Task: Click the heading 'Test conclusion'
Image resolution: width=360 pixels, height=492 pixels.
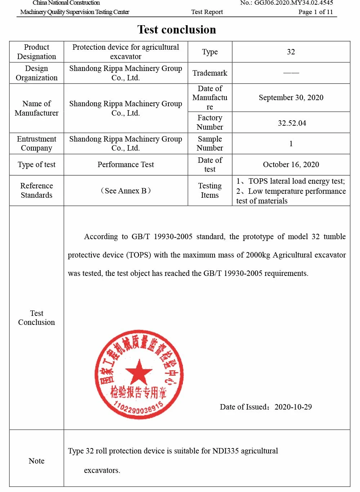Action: pos(176,30)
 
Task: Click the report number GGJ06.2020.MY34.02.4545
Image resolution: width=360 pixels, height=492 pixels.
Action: pos(293,3)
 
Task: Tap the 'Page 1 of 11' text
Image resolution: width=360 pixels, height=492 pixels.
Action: pos(315,12)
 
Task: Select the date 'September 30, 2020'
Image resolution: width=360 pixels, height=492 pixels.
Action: pos(291,98)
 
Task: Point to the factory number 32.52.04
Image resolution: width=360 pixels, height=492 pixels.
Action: pos(292,123)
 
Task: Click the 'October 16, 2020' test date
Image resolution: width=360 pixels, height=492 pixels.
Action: pos(291,165)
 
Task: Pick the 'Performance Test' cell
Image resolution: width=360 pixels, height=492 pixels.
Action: pos(126,165)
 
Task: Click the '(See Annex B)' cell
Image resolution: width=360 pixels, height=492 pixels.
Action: pos(126,191)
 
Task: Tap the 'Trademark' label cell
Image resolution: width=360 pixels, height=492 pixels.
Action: pos(210,73)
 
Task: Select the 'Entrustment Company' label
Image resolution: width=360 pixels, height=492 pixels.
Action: pos(36,143)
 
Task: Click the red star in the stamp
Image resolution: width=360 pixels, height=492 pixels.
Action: pos(139,372)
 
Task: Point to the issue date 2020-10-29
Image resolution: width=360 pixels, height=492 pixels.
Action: pos(293,407)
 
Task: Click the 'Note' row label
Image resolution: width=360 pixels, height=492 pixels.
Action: pos(36,461)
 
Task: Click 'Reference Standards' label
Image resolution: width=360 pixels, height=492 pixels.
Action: pos(36,191)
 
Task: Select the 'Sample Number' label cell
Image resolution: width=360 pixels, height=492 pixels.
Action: pos(210,143)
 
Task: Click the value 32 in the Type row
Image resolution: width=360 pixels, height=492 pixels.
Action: pos(291,52)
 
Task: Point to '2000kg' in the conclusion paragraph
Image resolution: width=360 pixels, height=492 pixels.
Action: pos(258,255)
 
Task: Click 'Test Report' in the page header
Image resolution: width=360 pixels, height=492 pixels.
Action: pos(207,12)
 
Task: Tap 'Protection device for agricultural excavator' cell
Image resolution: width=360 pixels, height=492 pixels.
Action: pos(126,52)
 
